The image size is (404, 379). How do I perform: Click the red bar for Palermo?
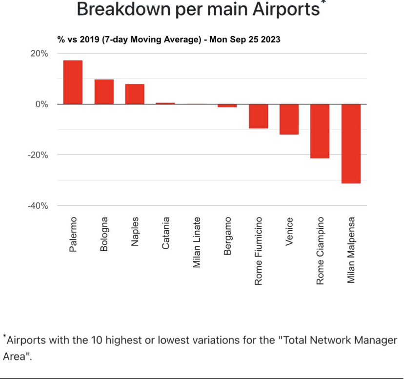click(73, 82)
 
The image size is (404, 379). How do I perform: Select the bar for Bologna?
click(104, 92)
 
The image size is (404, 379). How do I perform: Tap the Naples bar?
click(135, 94)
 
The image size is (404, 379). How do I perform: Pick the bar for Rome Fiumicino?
click(258, 116)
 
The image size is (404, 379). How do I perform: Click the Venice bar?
click(289, 119)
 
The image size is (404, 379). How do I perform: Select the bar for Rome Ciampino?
click(320, 131)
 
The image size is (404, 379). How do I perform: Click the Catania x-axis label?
click(166, 234)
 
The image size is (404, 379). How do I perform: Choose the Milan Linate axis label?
click(197, 242)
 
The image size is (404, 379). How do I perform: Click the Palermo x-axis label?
click(73, 235)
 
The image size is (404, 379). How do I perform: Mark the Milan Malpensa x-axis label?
click(351, 250)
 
